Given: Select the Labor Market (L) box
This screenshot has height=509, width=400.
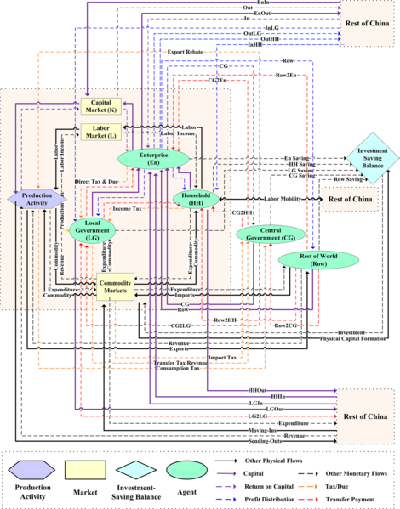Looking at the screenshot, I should (100, 132).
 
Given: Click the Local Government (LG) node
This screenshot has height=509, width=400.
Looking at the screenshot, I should (93, 228).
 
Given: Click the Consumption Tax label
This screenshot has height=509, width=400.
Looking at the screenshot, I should (177, 369).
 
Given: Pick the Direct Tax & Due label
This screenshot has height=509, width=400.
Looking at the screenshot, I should (95, 182).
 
